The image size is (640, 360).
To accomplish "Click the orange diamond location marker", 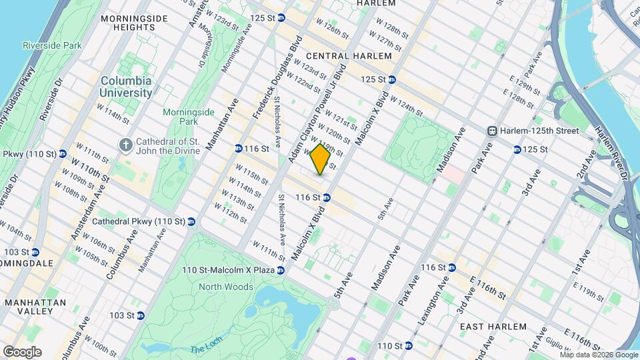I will click(x=320, y=159).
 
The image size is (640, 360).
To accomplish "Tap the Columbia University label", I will click(x=126, y=87).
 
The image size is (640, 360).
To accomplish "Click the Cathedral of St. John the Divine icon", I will click(x=125, y=145).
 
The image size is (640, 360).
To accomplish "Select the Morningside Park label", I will click(x=179, y=117).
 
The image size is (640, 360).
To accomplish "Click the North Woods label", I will click(x=226, y=287).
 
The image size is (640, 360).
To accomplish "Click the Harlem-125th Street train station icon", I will click(x=493, y=131).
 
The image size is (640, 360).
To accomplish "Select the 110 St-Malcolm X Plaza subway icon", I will click(x=281, y=270).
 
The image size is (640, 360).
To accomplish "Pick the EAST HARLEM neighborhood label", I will click(x=493, y=327).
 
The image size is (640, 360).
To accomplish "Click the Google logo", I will click(x=22, y=352).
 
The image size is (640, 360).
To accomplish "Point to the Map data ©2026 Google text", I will click(x=599, y=355).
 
